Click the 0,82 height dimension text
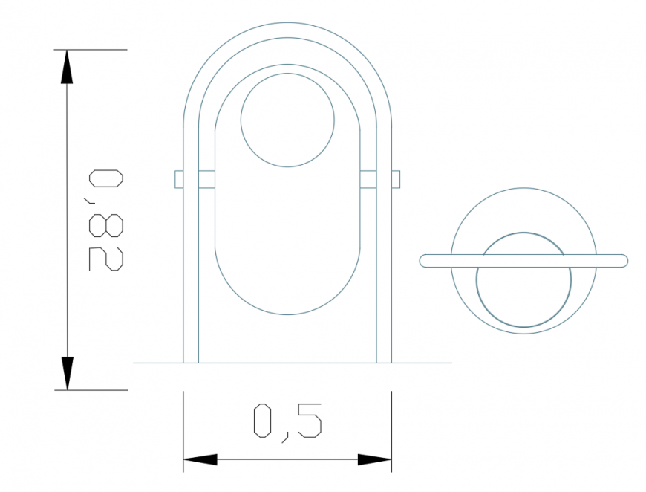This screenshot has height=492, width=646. tap(105, 220)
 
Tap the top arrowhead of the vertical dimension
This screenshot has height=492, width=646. tap(68, 66)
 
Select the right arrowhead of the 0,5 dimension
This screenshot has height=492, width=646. tap(374, 460)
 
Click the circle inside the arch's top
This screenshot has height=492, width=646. tap(287, 119)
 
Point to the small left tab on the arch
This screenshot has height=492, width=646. tap(179, 179)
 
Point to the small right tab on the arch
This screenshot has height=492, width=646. tap(396, 179)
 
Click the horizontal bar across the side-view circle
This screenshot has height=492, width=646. tap(523, 260)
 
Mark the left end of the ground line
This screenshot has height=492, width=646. tap(134, 363)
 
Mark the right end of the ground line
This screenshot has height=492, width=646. tap(451, 363)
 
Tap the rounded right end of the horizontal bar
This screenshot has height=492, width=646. tap(623, 260)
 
